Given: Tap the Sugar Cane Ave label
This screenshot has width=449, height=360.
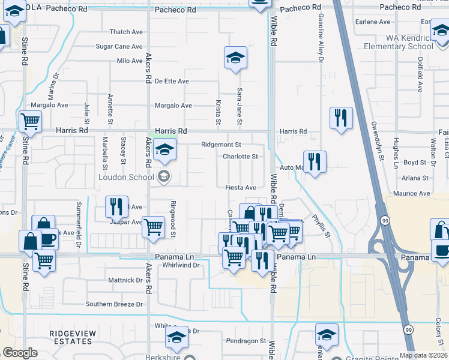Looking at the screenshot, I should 119,46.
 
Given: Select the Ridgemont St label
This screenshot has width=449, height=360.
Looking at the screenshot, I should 221,145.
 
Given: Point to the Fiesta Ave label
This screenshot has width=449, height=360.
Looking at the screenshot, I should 241,188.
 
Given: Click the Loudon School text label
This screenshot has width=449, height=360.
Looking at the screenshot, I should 126,177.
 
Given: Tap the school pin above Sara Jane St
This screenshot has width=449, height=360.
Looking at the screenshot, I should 235,58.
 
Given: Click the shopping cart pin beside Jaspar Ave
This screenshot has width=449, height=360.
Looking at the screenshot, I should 154,227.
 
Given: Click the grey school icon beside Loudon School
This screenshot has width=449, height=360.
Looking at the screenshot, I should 163,176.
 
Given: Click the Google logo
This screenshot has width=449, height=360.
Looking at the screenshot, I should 20,353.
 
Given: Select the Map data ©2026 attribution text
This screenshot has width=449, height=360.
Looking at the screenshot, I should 423,355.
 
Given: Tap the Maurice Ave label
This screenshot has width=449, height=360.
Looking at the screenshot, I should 412,194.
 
